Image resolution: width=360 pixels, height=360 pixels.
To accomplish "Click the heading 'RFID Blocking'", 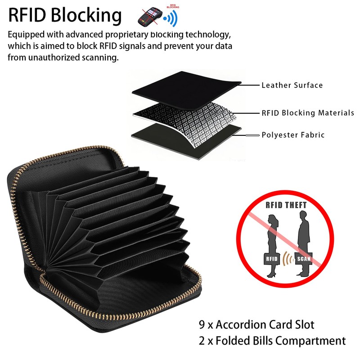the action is click(65, 15).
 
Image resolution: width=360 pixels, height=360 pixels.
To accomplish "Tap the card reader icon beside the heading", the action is click(150, 16).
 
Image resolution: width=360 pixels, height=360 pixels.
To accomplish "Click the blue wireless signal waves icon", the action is click(171, 18).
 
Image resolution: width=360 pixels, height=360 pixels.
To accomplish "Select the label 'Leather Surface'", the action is click(292, 85).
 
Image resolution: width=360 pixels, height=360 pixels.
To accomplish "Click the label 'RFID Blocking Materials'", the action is click(308, 113).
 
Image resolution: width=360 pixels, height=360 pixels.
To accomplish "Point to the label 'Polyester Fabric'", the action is click(293, 135).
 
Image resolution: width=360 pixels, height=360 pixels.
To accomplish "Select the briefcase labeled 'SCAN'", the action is click(303, 260).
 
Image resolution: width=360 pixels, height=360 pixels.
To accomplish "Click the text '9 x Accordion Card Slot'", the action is click(256, 324).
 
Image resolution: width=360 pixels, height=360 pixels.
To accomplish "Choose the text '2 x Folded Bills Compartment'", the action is click(272, 341).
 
